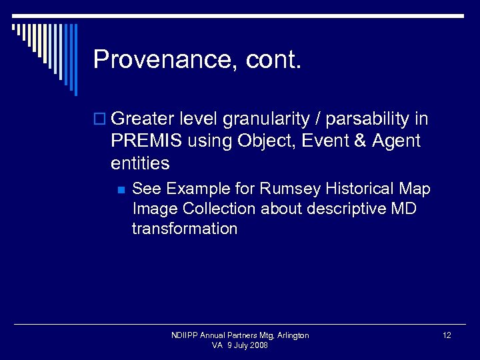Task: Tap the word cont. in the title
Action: [274, 60]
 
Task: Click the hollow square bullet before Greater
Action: [100, 120]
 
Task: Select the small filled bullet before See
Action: [120, 190]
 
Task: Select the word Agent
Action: [397, 141]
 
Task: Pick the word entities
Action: [141, 163]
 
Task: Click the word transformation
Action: [185, 229]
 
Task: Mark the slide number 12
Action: [447, 335]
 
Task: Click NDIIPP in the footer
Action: [185, 335]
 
